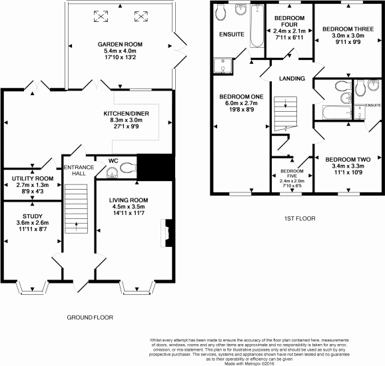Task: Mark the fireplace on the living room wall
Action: pyautogui.click(x=167, y=233)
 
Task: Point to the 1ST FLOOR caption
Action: pyautogui.click(x=298, y=218)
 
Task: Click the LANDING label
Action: pyautogui.click(x=288, y=79)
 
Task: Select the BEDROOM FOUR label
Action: pyautogui.click(x=290, y=19)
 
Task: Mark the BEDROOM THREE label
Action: pyautogui.click(x=346, y=29)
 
